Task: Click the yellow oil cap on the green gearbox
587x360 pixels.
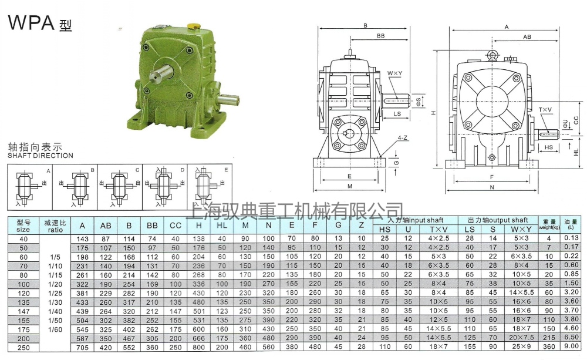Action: [x=193, y=26]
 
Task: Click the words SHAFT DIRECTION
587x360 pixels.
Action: [x=41, y=156]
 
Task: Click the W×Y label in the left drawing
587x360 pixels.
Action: [x=394, y=73]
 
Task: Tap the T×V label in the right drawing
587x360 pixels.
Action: [x=545, y=110]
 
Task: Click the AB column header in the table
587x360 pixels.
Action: [x=106, y=226]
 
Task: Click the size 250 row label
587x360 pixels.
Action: [x=23, y=347]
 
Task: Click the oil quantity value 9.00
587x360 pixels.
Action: [x=571, y=347]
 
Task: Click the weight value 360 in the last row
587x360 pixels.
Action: [x=549, y=347]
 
